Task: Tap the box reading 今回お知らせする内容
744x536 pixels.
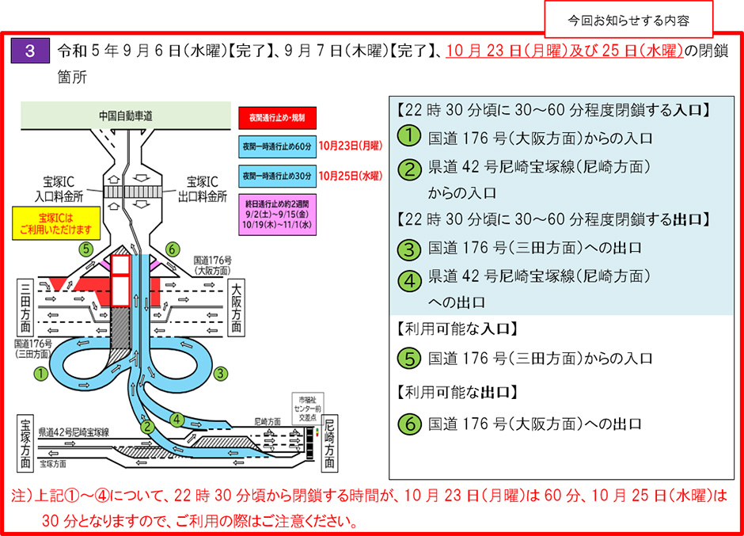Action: pyautogui.click(x=628, y=17)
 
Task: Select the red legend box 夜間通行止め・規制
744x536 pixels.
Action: pyautogui.click(x=276, y=117)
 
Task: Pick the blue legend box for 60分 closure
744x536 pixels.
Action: pyautogui.click(x=276, y=146)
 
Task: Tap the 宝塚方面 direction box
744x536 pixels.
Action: pyautogui.click(x=27, y=441)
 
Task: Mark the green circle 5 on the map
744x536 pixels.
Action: pyautogui.click(x=86, y=248)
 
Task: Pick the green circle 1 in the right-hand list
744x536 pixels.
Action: pyautogui.click(x=408, y=136)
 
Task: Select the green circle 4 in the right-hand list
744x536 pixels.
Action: pyautogui.click(x=408, y=280)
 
